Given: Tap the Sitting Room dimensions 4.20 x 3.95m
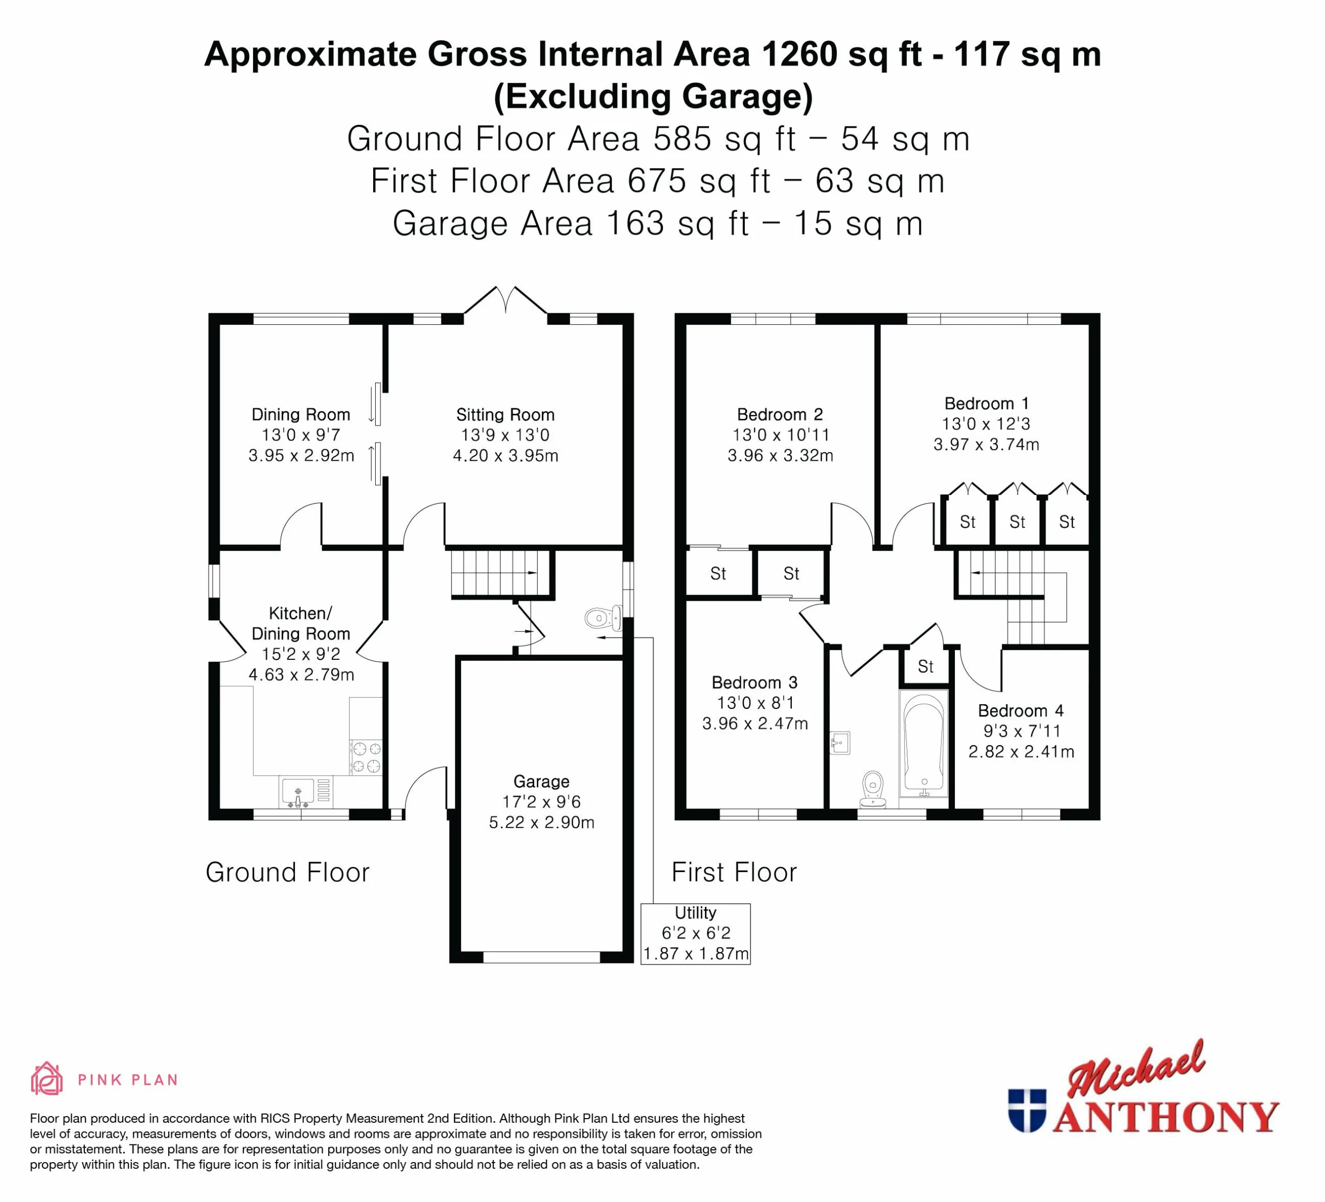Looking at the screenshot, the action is pyautogui.click(x=506, y=455).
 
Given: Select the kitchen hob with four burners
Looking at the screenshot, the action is pyautogui.click(x=366, y=757).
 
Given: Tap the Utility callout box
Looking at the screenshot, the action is pyautogui.click(x=695, y=934).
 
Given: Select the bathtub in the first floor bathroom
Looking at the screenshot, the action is pyautogui.click(x=923, y=743).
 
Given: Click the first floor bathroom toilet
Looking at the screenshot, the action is pyautogui.click(x=872, y=789).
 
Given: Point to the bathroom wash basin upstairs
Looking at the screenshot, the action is pyautogui.click(x=840, y=743).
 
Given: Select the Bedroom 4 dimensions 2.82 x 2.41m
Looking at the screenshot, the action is pyautogui.click(x=1021, y=751).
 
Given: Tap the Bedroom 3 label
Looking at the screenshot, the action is pyautogui.click(x=755, y=683).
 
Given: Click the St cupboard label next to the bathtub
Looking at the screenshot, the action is pyautogui.click(x=925, y=667).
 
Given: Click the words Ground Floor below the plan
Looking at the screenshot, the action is pyautogui.click(x=287, y=872).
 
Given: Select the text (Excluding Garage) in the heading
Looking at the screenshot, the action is pyautogui.click(x=653, y=96).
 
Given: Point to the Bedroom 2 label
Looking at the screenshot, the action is pyautogui.click(x=779, y=414).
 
